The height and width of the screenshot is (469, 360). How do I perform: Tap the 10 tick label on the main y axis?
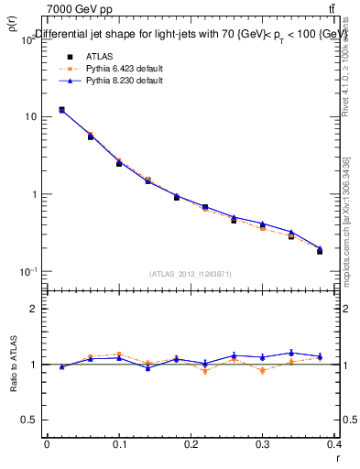pyautogui.click(x=31, y=117)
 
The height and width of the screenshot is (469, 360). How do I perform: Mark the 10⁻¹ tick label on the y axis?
pyautogui.click(x=28, y=271)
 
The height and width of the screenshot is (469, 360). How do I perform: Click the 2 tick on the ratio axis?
pyautogui.click(x=36, y=309)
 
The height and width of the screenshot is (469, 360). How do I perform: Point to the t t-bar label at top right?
pyautogui.click(x=331, y=9)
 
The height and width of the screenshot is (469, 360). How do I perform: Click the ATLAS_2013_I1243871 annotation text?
pyautogui.click(x=191, y=274)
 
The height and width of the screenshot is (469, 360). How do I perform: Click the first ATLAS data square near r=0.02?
pyautogui.click(x=61, y=110)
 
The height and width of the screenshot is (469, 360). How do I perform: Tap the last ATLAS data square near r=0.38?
pyautogui.click(x=320, y=251)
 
